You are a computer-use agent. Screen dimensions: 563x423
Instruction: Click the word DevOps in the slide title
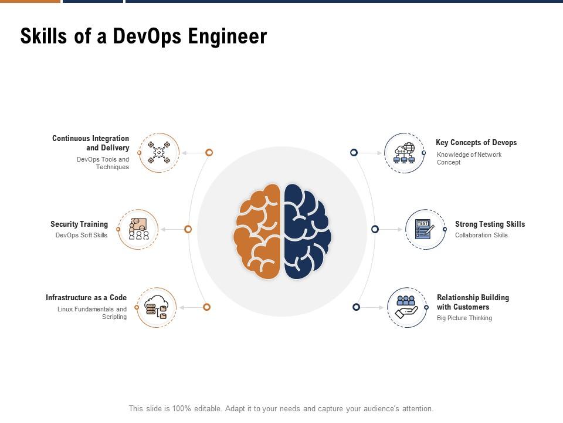pos(147,36)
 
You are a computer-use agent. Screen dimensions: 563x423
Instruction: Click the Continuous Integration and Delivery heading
pos(90,143)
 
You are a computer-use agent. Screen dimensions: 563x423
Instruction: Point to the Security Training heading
pos(79,224)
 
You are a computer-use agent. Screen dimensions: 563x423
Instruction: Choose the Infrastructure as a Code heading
pos(86,297)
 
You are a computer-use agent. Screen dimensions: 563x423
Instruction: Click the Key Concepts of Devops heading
pos(476,142)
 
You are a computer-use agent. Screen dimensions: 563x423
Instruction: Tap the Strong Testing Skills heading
pos(490,224)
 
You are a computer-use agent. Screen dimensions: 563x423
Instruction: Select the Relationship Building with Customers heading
pos(473,302)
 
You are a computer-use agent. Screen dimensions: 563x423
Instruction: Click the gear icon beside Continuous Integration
pos(159,153)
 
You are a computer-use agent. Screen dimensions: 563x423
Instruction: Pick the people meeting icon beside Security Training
pos(138,229)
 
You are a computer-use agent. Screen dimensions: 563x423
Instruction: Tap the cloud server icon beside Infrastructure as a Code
pos(157,307)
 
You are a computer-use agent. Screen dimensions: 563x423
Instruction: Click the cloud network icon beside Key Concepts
pos(404,153)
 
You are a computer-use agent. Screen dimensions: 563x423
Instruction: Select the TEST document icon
pos(425,229)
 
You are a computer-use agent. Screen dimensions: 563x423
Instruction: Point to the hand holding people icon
pos(406,307)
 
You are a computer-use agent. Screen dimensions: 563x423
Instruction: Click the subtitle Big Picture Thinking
pos(464,318)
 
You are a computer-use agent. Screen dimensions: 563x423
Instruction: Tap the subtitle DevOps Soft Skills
pos(82,235)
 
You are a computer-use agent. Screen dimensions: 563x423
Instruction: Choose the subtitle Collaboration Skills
pos(481,235)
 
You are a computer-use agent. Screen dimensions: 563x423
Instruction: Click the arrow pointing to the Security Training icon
pos(172,229)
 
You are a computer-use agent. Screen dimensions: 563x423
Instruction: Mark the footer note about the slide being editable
pos(281,409)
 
